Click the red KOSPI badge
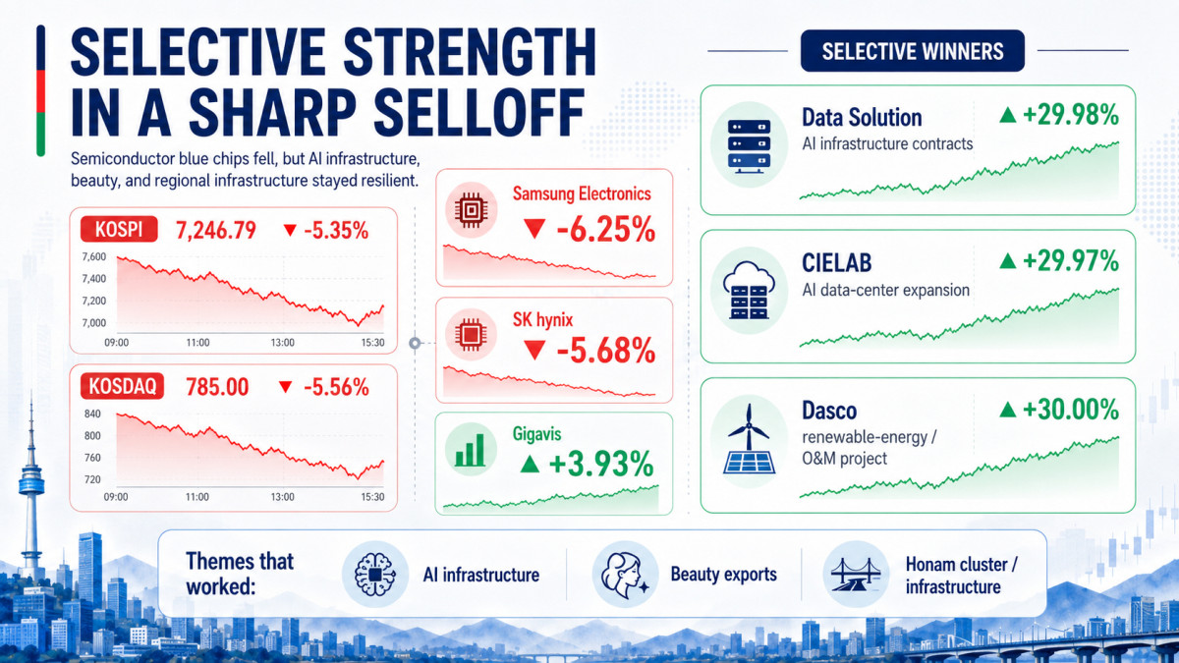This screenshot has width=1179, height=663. (x=119, y=230)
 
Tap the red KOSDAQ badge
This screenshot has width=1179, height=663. (x=122, y=386)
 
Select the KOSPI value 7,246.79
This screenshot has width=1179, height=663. (x=216, y=231)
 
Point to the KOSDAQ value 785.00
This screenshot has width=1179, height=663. (x=217, y=387)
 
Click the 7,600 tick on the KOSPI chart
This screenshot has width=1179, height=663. (x=94, y=256)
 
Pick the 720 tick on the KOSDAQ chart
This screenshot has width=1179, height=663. (x=92, y=479)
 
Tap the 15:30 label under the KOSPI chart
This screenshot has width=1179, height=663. (x=372, y=343)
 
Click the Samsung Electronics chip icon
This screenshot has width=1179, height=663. (x=471, y=210)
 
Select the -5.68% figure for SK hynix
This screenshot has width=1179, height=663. (x=606, y=351)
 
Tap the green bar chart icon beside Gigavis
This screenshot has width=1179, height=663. (x=471, y=450)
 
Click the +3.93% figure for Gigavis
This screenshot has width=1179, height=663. (x=601, y=464)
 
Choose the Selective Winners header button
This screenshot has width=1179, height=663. (x=913, y=51)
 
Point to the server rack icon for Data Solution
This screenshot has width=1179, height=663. (x=749, y=144)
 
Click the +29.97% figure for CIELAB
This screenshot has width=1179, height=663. (x=1071, y=261)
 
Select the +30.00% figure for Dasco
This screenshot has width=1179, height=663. (x=1071, y=410)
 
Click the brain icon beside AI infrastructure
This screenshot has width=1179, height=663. (x=374, y=574)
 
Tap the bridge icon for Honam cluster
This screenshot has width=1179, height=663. (x=856, y=575)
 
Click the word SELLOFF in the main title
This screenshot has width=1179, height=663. (x=479, y=112)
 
